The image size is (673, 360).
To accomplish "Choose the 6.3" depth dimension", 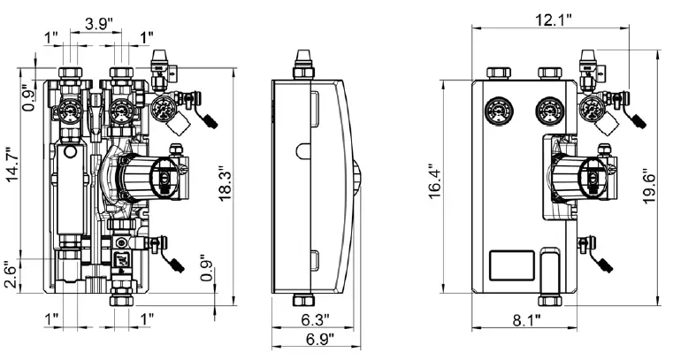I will click(x=314, y=319).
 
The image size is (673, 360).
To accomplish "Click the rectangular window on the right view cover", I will click(x=511, y=265).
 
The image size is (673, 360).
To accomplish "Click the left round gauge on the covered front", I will click(x=496, y=111).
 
